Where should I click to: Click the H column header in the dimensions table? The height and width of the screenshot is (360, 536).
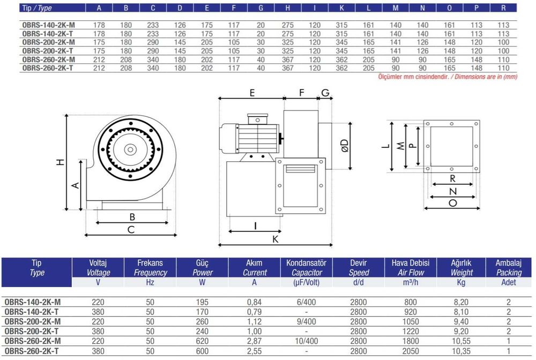tap(288, 8)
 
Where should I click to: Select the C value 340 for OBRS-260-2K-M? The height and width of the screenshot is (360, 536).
tap(153, 59)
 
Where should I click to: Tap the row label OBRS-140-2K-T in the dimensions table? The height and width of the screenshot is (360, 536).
tap(48, 33)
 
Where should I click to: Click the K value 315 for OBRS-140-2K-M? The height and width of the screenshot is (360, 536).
tap(341, 25)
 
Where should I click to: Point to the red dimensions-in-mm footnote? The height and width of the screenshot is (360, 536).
tap(448, 77)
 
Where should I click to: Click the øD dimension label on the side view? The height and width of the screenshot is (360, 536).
tap(345, 146)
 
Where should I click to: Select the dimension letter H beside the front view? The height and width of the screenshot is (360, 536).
tap(60, 162)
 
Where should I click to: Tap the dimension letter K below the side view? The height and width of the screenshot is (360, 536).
tap(275, 239)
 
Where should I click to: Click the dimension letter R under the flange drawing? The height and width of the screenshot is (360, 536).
tap(452, 178)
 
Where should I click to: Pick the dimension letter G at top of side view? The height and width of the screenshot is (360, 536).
tap(325, 93)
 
